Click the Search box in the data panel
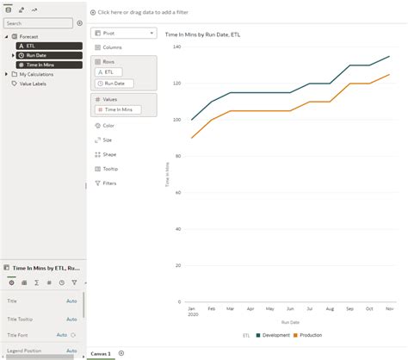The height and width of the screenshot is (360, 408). tap(39, 23)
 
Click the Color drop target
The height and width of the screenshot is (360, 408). tap(108, 125)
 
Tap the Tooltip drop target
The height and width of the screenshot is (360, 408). tap(110, 169)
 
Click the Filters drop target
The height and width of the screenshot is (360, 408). tap(110, 183)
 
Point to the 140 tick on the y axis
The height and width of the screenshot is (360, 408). tap(176, 47)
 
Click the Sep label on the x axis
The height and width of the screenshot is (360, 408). tap(349, 308)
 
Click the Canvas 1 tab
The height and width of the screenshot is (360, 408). tap(102, 354)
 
